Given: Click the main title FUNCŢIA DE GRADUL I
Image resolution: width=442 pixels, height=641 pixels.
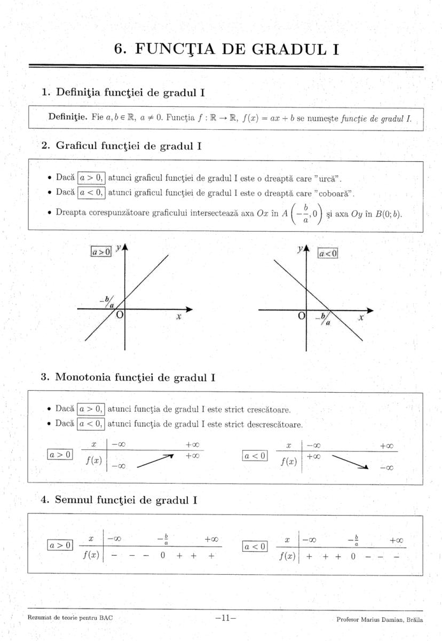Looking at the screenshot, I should (x=227, y=49).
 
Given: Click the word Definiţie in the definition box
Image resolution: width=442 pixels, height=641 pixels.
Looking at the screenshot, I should (x=68, y=117).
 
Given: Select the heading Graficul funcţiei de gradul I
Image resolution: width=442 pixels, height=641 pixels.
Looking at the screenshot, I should (x=128, y=145).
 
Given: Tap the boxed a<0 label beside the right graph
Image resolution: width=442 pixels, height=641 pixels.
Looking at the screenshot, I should (x=328, y=254).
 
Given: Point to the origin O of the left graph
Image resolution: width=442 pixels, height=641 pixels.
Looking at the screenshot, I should (x=120, y=315).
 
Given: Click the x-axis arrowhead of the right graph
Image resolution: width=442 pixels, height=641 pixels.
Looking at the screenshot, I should (x=370, y=310).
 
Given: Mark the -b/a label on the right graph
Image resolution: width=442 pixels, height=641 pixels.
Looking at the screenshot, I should (x=323, y=320).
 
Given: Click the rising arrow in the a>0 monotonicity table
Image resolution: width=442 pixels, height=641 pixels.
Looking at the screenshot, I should (x=156, y=460).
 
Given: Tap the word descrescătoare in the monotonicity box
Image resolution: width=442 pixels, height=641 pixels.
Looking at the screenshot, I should (x=275, y=425).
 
